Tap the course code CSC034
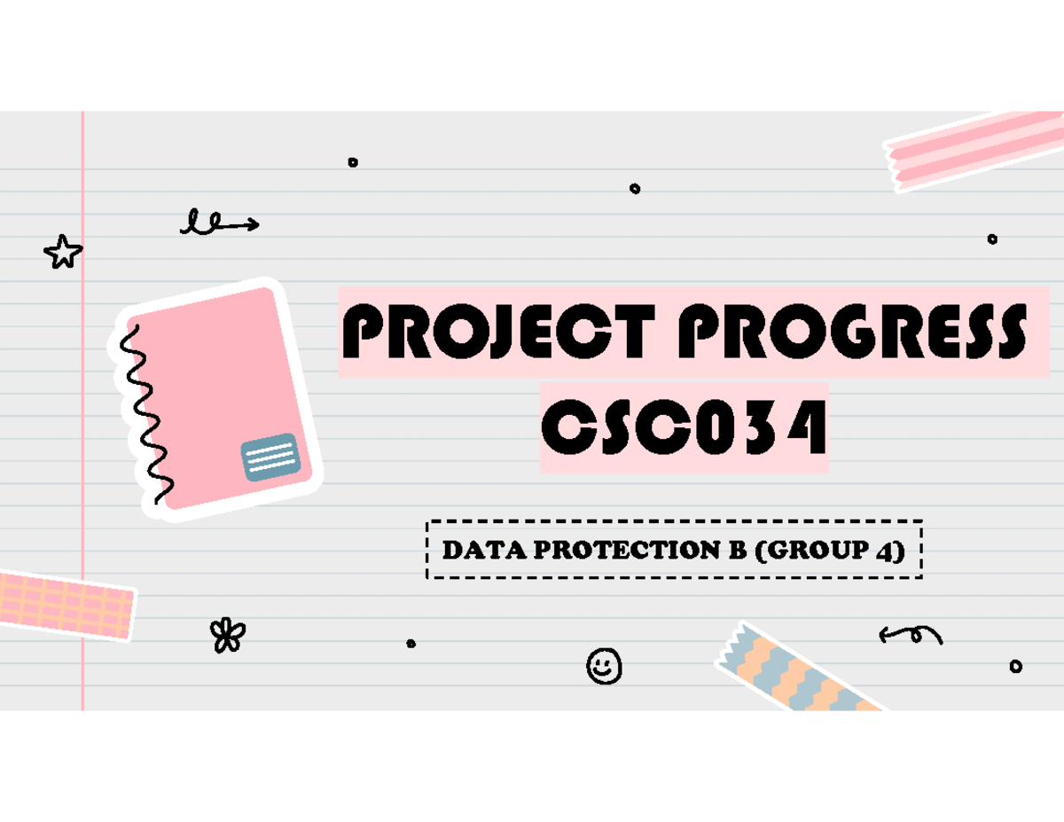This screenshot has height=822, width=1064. (x=684, y=429)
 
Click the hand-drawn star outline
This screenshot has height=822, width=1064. (x=63, y=253)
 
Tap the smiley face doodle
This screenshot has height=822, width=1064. (x=604, y=666)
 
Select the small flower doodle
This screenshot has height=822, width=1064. (x=228, y=635)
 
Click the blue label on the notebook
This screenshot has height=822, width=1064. (x=270, y=457)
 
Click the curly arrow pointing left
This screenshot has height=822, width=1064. (x=911, y=634)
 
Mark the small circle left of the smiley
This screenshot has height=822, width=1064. (x=411, y=644)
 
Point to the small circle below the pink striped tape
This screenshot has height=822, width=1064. (x=992, y=239)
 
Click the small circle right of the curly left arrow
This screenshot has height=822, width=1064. (x=1016, y=667)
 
